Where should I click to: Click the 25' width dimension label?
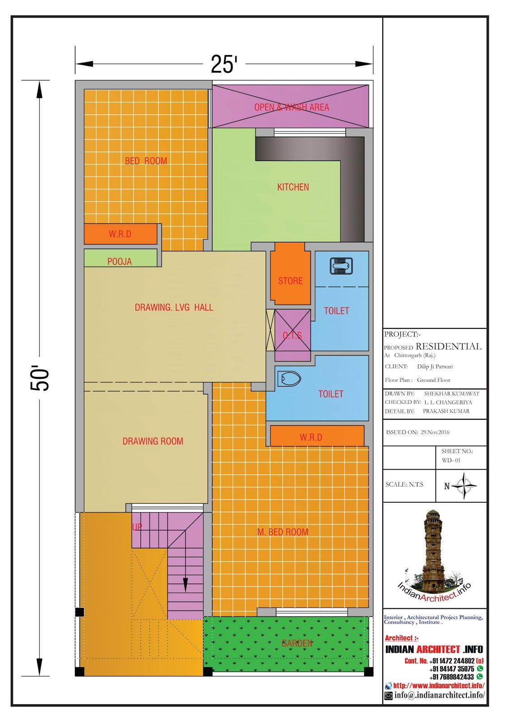tap(224, 64)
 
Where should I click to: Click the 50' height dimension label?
tap(40, 378)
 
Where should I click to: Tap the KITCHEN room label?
tap(293, 187)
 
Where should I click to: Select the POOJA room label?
tap(120, 261)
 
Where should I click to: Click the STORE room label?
tap(290, 281)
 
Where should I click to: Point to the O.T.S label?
tap(293, 336)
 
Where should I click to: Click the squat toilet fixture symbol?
tap(341, 266)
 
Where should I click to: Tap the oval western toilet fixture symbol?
tap(289, 379)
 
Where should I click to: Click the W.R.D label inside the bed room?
tap(120, 234)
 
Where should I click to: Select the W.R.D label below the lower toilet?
tap(311, 437)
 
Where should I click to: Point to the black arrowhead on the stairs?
tap(186, 585)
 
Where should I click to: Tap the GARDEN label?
tap(297, 643)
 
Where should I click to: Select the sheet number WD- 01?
tap(451, 460)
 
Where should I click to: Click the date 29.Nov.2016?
tap(435, 432)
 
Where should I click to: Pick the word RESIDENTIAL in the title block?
tap(448, 347)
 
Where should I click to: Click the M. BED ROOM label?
tap(283, 532)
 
